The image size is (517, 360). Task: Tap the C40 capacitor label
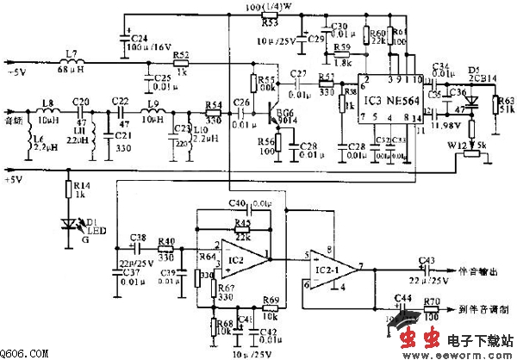pos(238,202)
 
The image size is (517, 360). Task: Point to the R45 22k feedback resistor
pos(243,227)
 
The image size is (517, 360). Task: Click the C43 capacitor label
pos(425,260)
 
